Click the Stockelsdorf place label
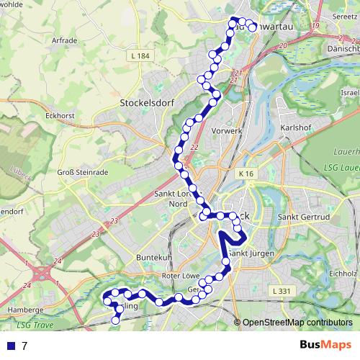(x=149, y=102)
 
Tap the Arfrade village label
(x=63, y=40)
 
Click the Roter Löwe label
(x=181, y=275)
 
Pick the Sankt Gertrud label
(x=303, y=216)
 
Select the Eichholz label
(x=342, y=274)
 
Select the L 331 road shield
(x=283, y=290)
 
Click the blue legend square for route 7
(x=10, y=346)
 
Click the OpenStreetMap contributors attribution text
(x=297, y=323)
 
